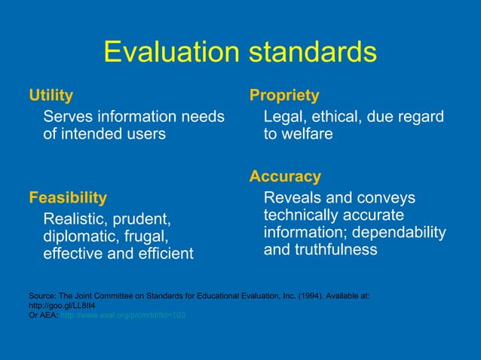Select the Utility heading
tap(51, 96)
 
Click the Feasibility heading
tap(68, 198)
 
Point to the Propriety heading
tap(284, 96)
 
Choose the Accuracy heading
tap(285, 177)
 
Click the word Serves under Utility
tap(68, 117)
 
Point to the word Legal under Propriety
tap(284, 117)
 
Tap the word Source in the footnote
tap(41, 296)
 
